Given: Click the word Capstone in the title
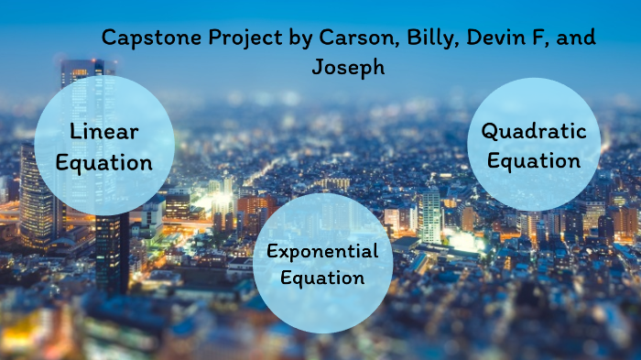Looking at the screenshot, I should tap(144, 38).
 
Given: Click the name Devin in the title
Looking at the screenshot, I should tap(486, 38).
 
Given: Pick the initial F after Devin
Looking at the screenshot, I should tap(528, 38).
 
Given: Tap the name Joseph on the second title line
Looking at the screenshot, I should tap(348, 67).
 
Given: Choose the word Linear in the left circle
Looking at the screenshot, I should tap(104, 131).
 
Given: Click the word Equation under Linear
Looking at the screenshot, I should tap(104, 163).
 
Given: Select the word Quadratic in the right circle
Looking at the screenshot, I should tap(534, 131).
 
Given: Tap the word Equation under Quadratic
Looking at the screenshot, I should tap(534, 161).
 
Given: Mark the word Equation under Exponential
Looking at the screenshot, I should tap(322, 277).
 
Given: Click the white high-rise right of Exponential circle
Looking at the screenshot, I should tap(429, 216).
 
